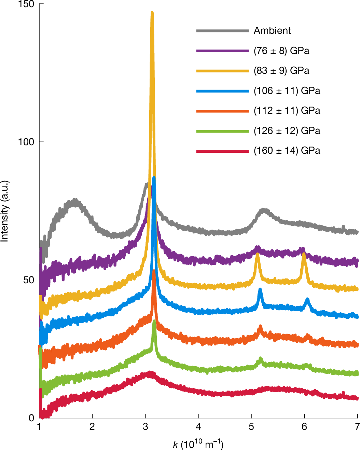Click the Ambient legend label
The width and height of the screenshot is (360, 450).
click(x=272, y=31)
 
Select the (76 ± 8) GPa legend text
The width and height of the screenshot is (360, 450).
click(x=281, y=51)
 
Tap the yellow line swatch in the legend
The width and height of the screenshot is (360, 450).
click(x=222, y=71)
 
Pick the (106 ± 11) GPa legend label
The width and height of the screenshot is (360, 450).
click(x=287, y=91)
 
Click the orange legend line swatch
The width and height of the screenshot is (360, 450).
click(x=222, y=111)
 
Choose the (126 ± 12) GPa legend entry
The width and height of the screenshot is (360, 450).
click(x=287, y=131)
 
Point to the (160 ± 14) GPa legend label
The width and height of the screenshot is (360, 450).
click(x=287, y=151)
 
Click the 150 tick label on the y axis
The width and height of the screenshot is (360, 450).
click(x=26, y=4)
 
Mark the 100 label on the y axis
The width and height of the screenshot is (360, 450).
click(x=26, y=142)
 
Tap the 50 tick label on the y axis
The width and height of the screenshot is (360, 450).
click(x=29, y=280)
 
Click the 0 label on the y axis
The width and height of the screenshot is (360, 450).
click(x=31, y=418)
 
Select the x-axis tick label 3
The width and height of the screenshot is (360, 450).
click(x=146, y=427)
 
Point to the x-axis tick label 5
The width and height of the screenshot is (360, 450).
click(x=251, y=427)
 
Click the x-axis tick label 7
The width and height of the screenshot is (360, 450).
click(x=357, y=427)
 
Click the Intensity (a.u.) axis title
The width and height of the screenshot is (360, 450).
click(x=5, y=211)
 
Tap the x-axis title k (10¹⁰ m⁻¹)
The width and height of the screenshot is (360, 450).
click(x=198, y=444)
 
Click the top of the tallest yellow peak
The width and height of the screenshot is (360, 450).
click(x=152, y=13)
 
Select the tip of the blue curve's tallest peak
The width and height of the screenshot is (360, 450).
click(x=154, y=177)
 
